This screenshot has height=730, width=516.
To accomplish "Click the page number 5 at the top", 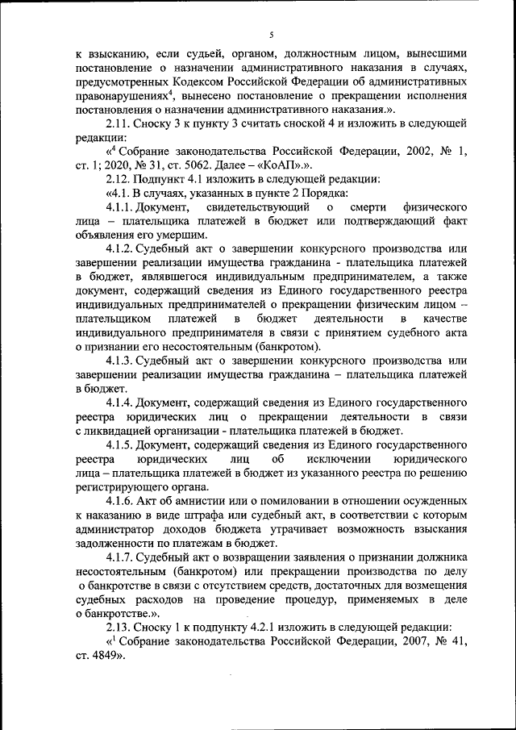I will [272, 35].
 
